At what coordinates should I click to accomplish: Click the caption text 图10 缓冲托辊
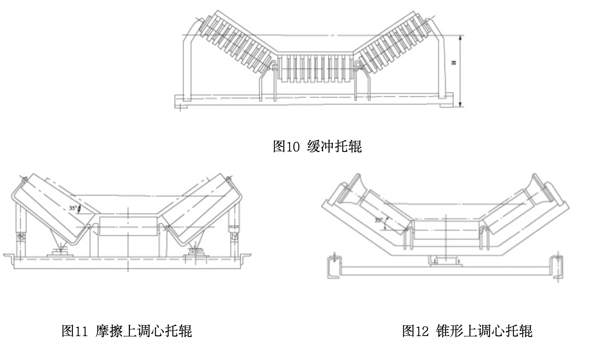click(317, 147)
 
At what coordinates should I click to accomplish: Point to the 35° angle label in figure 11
click(73, 208)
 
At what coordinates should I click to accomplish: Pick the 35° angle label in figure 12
click(379, 220)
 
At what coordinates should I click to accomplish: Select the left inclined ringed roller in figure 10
click(236, 42)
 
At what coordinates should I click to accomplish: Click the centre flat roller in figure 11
click(128, 226)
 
